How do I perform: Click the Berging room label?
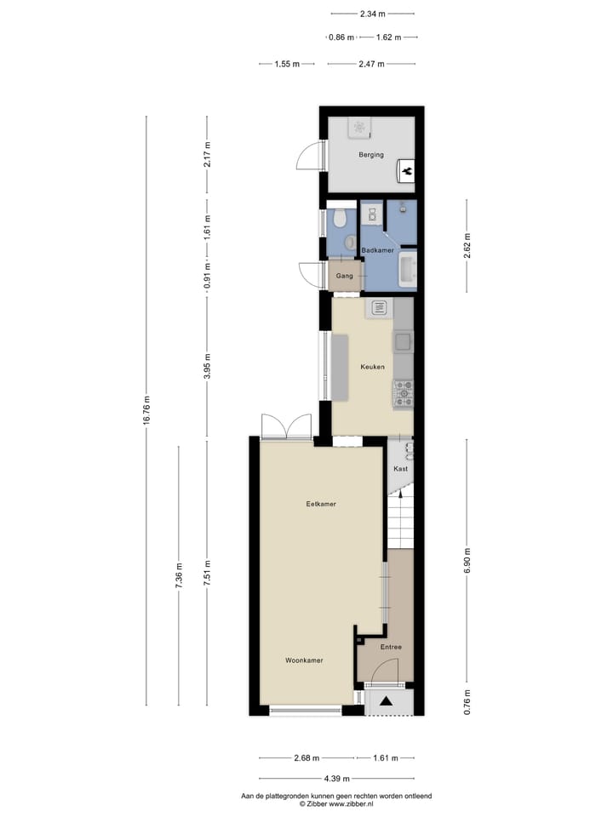tap(371, 155)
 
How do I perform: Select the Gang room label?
tap(344, 277)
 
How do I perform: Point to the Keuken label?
tap(372, 367)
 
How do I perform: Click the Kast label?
tap(400, 469)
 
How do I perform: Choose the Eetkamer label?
tap(321, 504)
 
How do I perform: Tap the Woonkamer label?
tap(304, 660)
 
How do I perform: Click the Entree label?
tap(391, 647)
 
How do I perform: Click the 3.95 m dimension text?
tap(208, 366)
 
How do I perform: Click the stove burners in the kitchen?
tap(403, 393)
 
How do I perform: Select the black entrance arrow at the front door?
tap(387, 702)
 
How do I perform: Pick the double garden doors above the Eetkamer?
tap(287, 426)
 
